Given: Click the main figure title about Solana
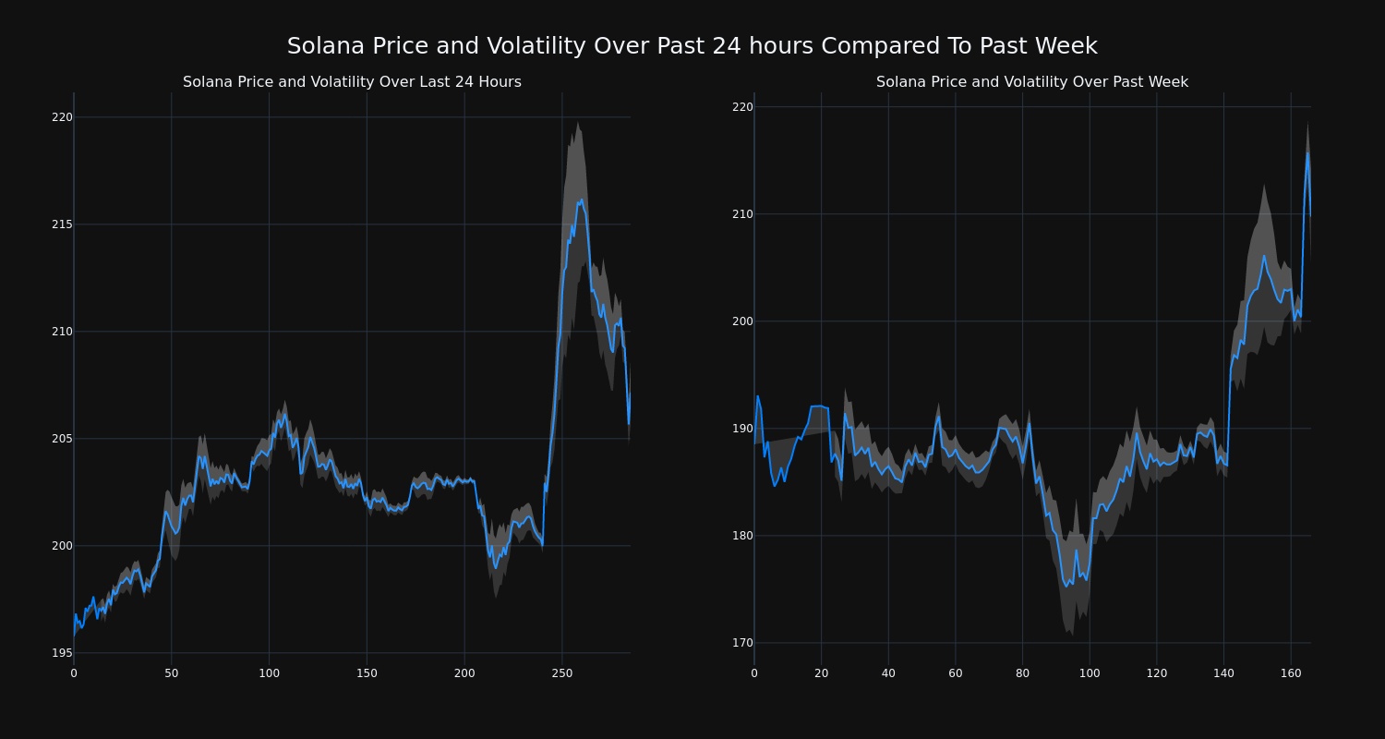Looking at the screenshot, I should [692, 46].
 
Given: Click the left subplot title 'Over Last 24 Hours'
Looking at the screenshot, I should [352, 82].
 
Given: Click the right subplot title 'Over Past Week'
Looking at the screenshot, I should [1031, 82].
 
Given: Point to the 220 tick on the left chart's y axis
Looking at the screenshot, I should [62, 117].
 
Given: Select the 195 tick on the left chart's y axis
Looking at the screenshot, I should [62, 653].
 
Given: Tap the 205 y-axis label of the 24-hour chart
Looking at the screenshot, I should [62, 439].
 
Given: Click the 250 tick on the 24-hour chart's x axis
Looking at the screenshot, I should [561, 673].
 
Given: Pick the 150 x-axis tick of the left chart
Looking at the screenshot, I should [367, 673].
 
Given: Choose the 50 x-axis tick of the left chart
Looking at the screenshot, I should [171, 673].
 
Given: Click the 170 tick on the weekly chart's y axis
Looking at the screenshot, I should [742, 643].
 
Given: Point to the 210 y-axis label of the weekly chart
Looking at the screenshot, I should [742, 214].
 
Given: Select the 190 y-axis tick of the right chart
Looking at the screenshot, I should [742, 429].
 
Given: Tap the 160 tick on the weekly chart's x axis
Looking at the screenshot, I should [1291, 673].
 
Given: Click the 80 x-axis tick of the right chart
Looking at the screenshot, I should [1022, 673].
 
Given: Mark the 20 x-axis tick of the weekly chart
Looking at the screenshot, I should [821, 673].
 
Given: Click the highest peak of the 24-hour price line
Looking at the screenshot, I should [581, 200].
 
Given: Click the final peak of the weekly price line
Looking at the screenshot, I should [1307, 153].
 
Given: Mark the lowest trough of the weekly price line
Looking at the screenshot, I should [1066, 586].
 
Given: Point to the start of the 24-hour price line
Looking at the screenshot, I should [74, 636].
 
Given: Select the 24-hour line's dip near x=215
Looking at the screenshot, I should [495, 567].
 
